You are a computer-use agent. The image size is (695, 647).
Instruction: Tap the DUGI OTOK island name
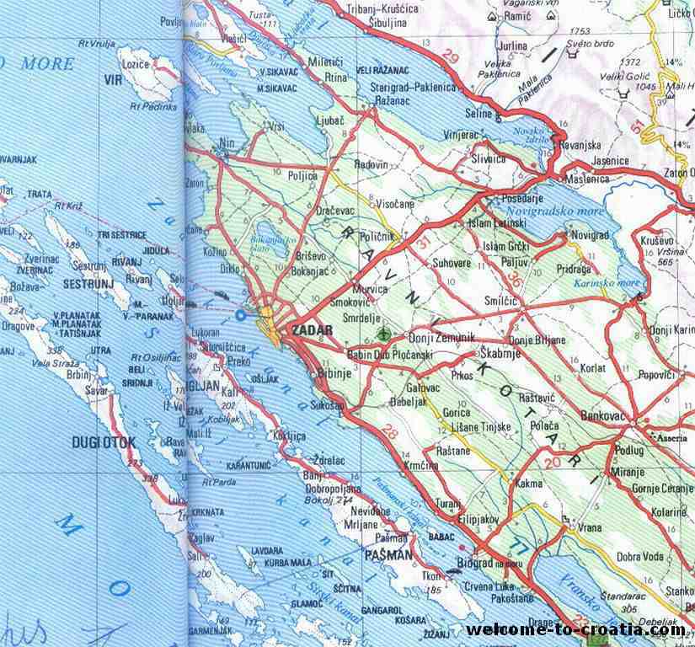104,441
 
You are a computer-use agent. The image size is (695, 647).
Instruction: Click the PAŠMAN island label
388,554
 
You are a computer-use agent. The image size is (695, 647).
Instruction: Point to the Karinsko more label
607,284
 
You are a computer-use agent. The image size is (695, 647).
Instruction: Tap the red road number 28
389,433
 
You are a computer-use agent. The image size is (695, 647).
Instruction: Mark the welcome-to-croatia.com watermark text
576,629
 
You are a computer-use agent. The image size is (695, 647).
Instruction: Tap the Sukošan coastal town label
328,404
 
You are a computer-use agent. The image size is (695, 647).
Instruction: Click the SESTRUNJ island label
83,285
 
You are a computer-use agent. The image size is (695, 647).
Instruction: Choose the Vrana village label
589,527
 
